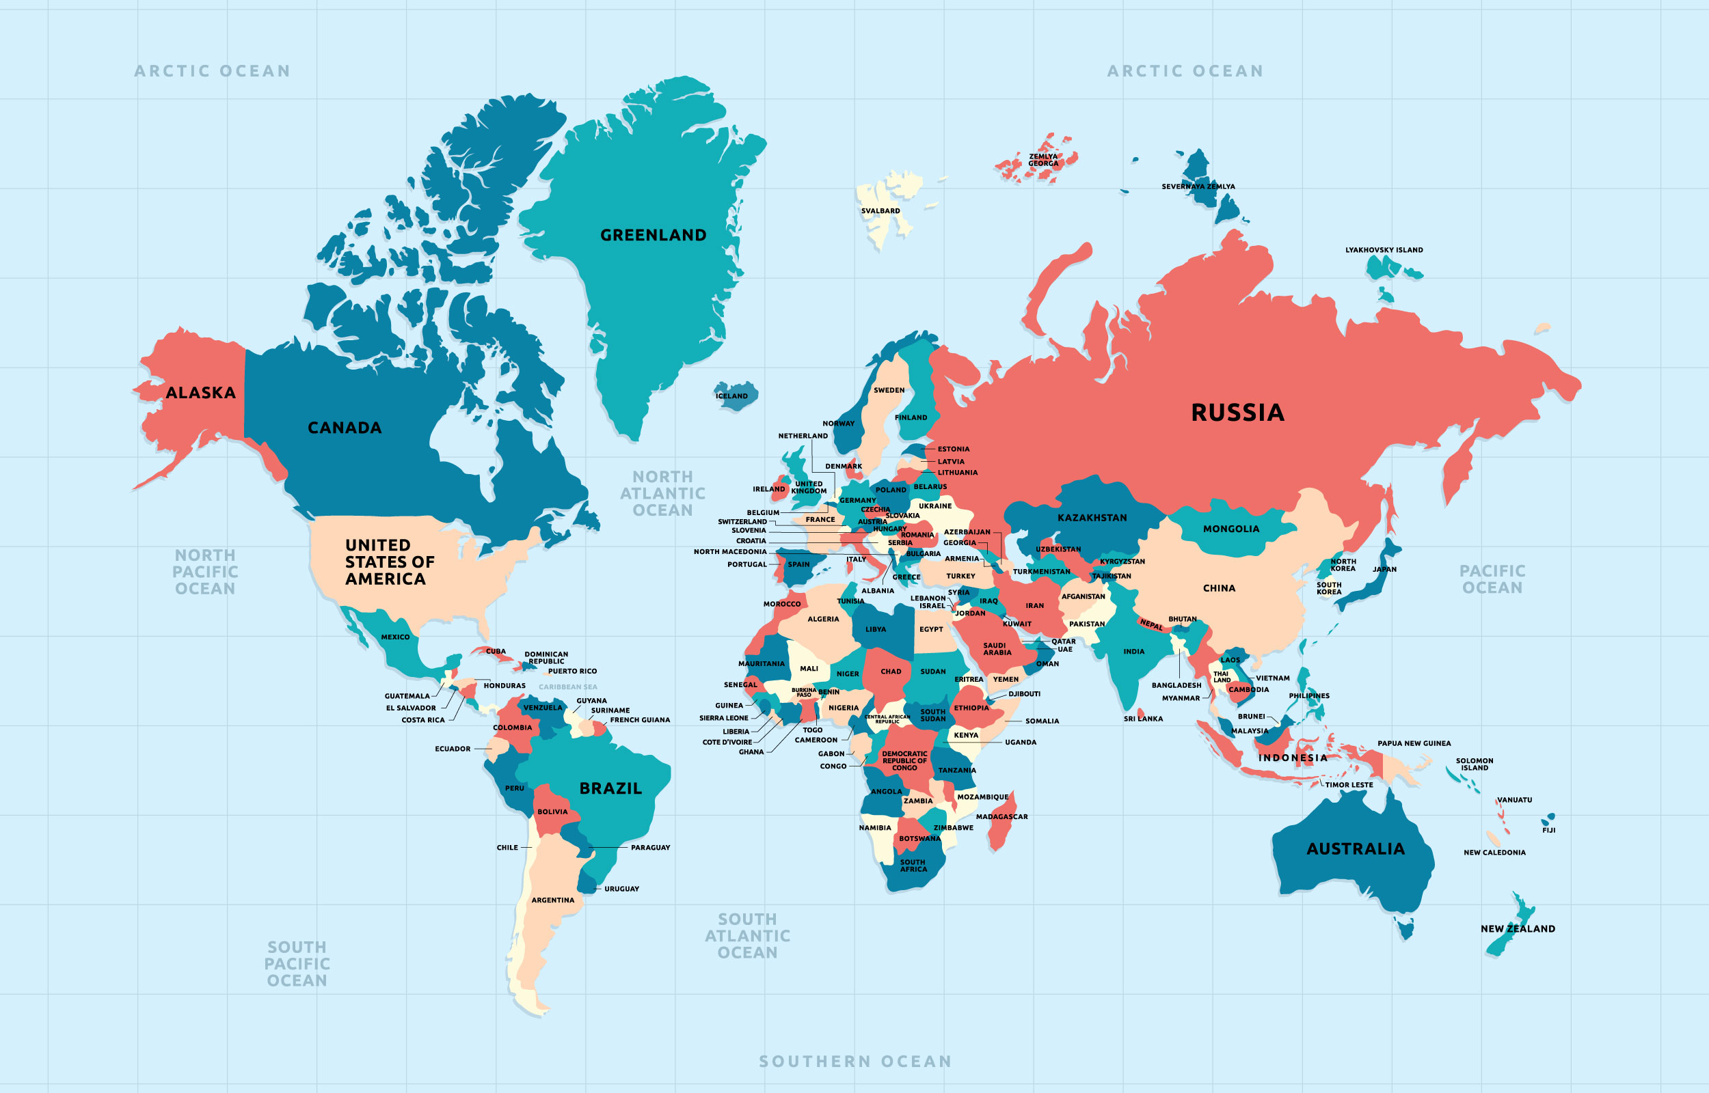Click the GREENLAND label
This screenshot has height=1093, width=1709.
coord(654,235)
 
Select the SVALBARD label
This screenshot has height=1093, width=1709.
coord(880,211)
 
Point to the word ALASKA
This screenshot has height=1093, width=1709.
coord(200,393)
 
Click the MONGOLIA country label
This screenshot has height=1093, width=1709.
coord(1231,529)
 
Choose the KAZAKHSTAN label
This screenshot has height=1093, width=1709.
coord(1092,518)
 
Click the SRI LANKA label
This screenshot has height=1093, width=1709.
coord(1143,718)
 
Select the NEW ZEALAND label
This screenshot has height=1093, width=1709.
coord(1518,928)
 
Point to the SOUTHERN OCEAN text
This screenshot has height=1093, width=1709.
coord(855,1061)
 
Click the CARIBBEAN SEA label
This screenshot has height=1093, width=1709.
coord(568,687)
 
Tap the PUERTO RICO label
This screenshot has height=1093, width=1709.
coord(572,671)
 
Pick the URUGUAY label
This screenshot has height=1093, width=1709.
coord(621,889)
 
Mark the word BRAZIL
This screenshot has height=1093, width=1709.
coord(610,788)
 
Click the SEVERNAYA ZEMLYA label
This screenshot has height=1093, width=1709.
coord(1198,186)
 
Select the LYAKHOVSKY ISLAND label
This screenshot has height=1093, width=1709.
coord(1384,250)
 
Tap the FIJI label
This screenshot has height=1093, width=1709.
coord(1548,830)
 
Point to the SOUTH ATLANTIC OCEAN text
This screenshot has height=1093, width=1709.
coord(748,935)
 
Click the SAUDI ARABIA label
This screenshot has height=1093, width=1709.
coord(997,649)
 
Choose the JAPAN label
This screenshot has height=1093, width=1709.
coord(1384,569)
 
